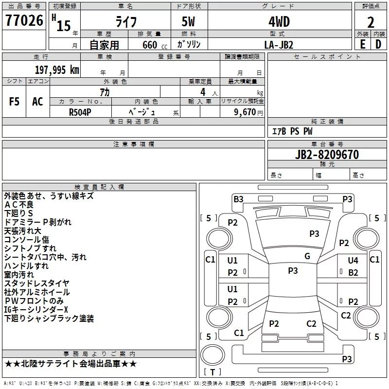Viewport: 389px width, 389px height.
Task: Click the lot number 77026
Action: tap(24, 20)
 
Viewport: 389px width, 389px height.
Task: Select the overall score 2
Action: tap(371, 22)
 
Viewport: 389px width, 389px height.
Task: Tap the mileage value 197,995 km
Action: tap(57, 70)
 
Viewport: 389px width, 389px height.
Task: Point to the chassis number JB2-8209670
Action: tap(327, 155)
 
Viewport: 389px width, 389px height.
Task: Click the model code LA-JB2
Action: tap(279, 45)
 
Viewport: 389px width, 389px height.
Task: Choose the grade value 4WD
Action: tap(279, 22)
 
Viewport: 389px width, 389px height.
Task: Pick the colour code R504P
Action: tap(80, 112)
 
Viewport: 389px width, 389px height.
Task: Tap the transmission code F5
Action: tap(14, 102)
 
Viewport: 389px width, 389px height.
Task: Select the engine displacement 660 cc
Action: tap(155, 45)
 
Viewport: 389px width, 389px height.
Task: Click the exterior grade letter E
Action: tap(363, 44)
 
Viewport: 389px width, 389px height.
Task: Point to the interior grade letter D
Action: tap(378, 44)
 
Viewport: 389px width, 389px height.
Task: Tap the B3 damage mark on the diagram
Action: tap(238, 199)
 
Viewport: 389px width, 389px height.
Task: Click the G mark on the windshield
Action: tap(307, 256)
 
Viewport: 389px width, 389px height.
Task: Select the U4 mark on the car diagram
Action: tap(353, 261)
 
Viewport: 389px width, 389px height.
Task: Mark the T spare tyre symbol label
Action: tap(212, 372)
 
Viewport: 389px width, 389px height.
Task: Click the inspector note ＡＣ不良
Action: tap(19, 205)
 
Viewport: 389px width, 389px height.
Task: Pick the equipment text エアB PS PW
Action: tap(292, 131)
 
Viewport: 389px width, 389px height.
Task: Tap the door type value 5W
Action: tap(188, 22)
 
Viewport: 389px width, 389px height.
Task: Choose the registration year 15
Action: tap(64, 26)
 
